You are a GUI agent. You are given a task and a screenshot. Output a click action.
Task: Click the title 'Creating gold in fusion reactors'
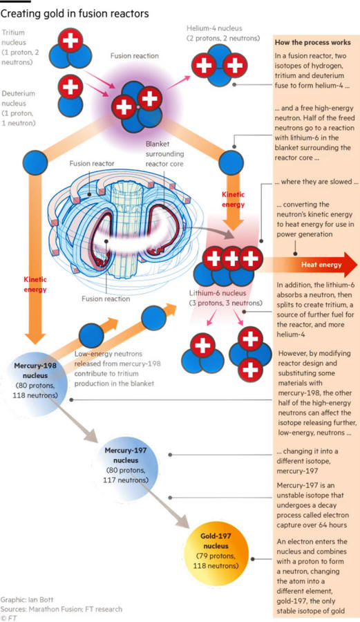(75, 14)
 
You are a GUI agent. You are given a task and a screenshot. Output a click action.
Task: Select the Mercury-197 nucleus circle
(126, 465)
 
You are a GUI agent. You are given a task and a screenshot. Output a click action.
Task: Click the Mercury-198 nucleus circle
(35, 380)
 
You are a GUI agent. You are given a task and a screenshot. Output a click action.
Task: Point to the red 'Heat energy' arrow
(310, 264)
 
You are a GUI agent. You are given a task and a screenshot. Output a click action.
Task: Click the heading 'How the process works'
(313, 42)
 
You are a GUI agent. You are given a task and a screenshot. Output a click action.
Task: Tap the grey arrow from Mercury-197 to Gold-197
(166, 505)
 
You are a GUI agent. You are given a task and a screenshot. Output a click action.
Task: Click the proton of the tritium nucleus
(70, 40)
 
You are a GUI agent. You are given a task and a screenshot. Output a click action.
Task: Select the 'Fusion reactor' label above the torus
(92, 163)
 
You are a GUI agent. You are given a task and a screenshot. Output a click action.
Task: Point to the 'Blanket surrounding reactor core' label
(164, 154)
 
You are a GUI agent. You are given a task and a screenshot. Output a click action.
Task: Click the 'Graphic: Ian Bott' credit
(27, 599)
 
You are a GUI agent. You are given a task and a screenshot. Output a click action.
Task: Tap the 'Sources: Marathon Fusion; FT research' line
(61, 609)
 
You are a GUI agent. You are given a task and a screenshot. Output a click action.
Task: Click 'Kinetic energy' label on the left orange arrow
(35, 284)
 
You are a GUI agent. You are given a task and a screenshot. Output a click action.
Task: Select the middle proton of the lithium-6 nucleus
(232, 258)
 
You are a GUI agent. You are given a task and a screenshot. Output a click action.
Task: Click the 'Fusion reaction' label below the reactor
(106, 299)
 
